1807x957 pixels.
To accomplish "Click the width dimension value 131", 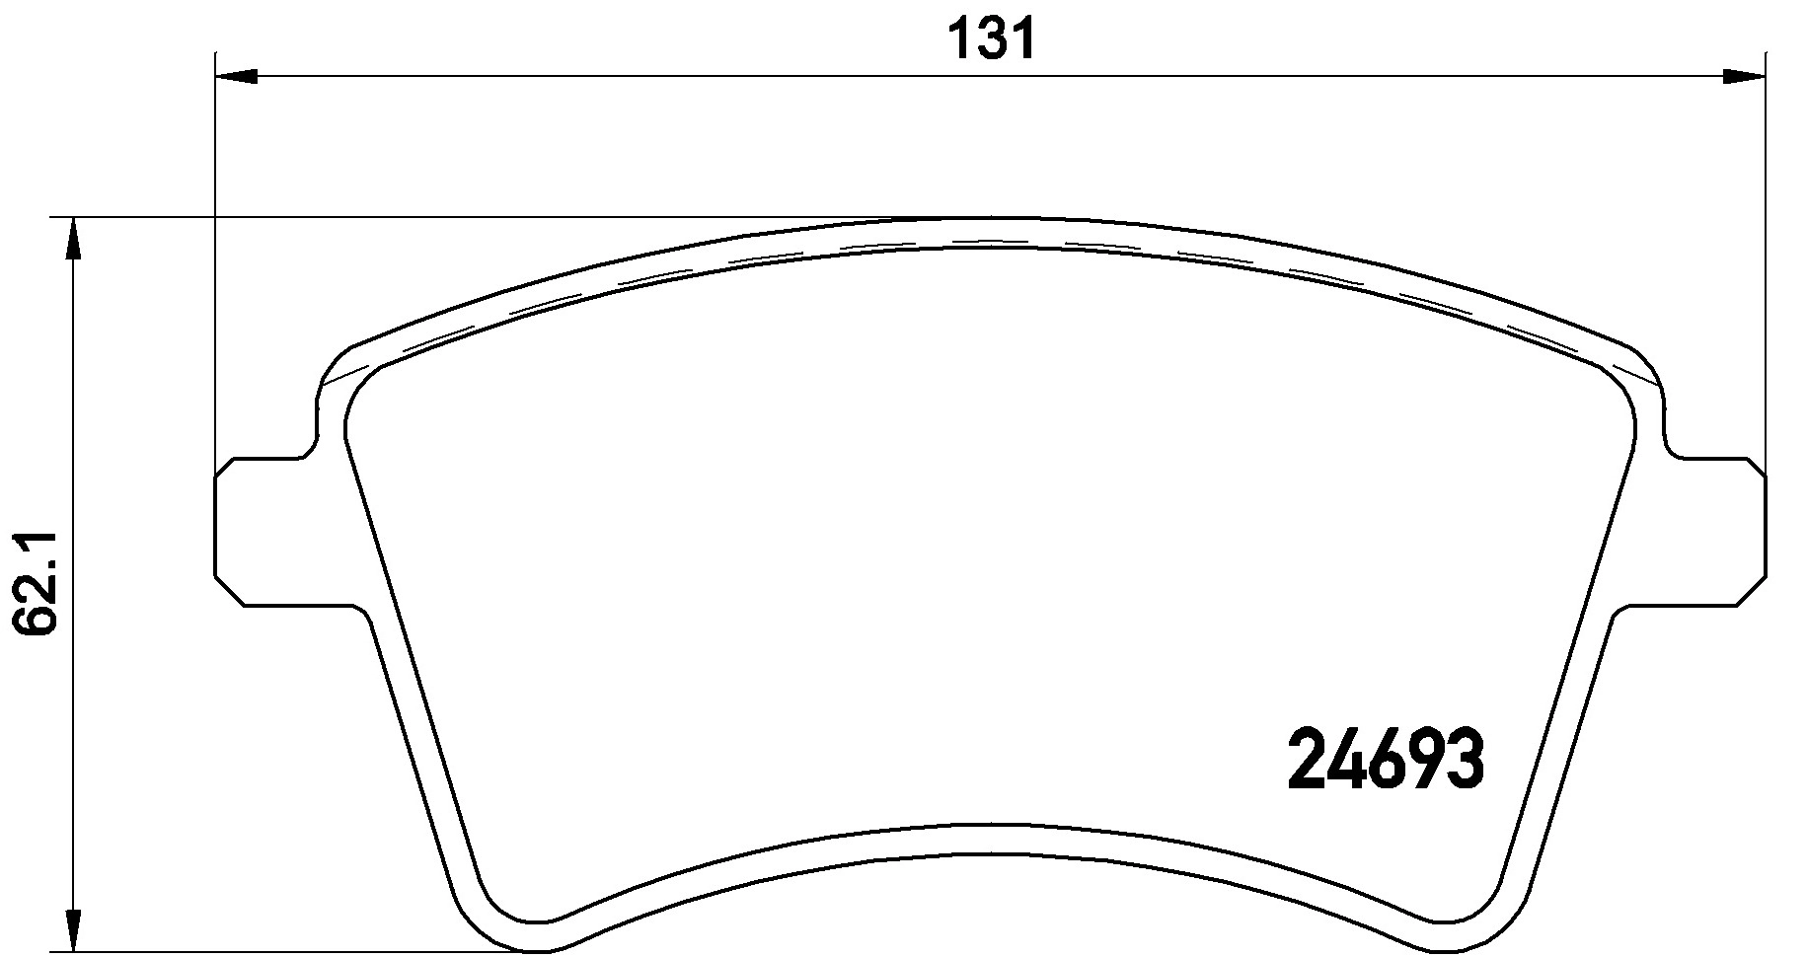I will coord(991,39).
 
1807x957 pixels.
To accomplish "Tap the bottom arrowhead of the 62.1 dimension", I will coord(71,932).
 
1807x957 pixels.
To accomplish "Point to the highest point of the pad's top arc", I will coord(987,218).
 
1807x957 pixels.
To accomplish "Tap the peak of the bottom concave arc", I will coord(987,824).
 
